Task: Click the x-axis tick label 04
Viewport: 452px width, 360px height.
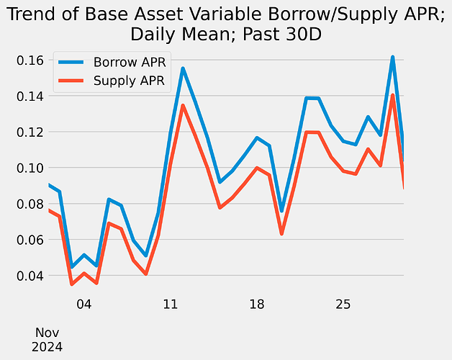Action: [x=84, y=305]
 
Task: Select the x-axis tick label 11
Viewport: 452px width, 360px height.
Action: [x=171, y=305]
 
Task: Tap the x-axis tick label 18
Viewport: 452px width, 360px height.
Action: [x=257, y=305]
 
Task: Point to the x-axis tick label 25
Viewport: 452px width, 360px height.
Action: [x=343, y=305]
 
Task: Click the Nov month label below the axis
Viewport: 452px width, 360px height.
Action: [x=48, y=333]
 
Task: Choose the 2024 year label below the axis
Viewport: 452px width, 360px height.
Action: [x=48, y=347]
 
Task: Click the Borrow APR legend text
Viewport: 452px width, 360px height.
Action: [x=130, y=63]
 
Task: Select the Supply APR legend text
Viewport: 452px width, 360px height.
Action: [x=130, y=81]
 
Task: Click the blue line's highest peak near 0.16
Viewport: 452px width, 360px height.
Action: [x=392, y=57]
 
